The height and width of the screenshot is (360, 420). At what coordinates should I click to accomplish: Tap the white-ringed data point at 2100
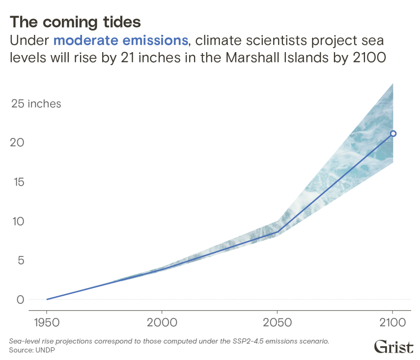(393, 133)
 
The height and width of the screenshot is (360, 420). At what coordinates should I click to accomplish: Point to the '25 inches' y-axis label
(36, 104)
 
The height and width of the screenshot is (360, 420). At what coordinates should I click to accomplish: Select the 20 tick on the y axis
(16, 143)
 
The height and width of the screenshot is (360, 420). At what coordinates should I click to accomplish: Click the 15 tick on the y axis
(16, 182)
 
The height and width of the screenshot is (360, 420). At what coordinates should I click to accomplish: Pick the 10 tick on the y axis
(16, 221)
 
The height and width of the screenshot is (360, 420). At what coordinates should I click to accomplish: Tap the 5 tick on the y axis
(20, 260)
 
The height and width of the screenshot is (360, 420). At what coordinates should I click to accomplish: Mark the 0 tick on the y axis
(20, 300)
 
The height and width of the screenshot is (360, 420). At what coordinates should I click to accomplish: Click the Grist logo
(393, 346)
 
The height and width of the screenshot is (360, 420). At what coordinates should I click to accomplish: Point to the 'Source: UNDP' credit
(32, 350)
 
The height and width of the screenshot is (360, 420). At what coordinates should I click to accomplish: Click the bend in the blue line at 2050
(278, 232)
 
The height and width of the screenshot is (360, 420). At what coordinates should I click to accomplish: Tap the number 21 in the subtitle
(128, 57)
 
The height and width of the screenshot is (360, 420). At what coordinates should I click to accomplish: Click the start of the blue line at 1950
(47, 299)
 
